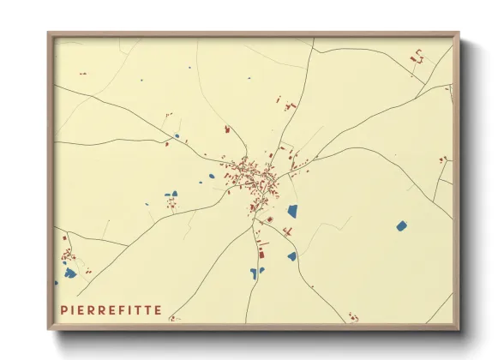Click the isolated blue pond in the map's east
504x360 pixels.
pyautogui.click(x=401, y=225)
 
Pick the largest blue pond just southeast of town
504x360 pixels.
pyautogui.click(x=292, y=211)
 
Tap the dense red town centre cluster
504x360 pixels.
pyautogui.click(x=250, y=176)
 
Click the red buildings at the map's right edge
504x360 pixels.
pyautogui.click(x=443, y=159)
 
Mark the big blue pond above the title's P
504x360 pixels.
pyautogui.click(x=69, y=273)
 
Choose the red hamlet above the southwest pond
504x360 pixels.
pyautogui.click(x=68, y=255)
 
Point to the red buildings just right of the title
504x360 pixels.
pyautogui.click(x=175, y=318)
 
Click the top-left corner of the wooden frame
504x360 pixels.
pyautogui.click(x=50, y=35)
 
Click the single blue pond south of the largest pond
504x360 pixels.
pyautogui.click(x=291, y=255)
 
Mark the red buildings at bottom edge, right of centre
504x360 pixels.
pyautogui.click(x=352, y=318)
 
